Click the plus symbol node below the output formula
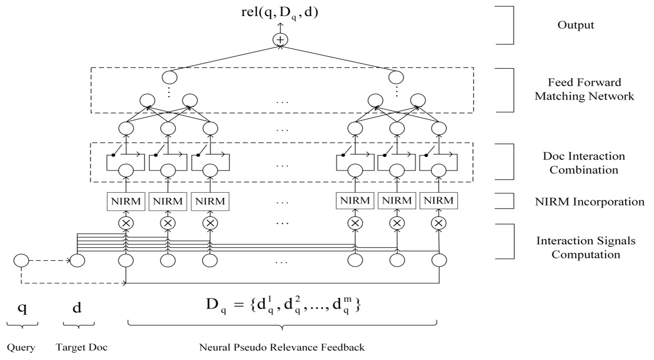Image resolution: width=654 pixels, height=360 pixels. (x=281, y=40)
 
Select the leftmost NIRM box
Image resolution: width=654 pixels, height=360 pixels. (x=125, y=200)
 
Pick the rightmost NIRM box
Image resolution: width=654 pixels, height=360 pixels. (x=439, y=200)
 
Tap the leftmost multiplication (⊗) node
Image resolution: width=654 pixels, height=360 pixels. (x=125, y=223)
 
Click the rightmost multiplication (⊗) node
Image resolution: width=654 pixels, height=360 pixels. (x=439, y=223)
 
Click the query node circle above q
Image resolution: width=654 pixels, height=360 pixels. (x=21, y=260)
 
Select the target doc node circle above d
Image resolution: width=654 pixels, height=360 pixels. (x=77, y=260)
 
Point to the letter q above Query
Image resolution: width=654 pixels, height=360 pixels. (x=22, y=309)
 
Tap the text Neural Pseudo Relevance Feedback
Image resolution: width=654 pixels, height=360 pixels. (x=282, y=347)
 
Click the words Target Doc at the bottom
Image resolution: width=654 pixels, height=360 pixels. (x=81, y=347)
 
